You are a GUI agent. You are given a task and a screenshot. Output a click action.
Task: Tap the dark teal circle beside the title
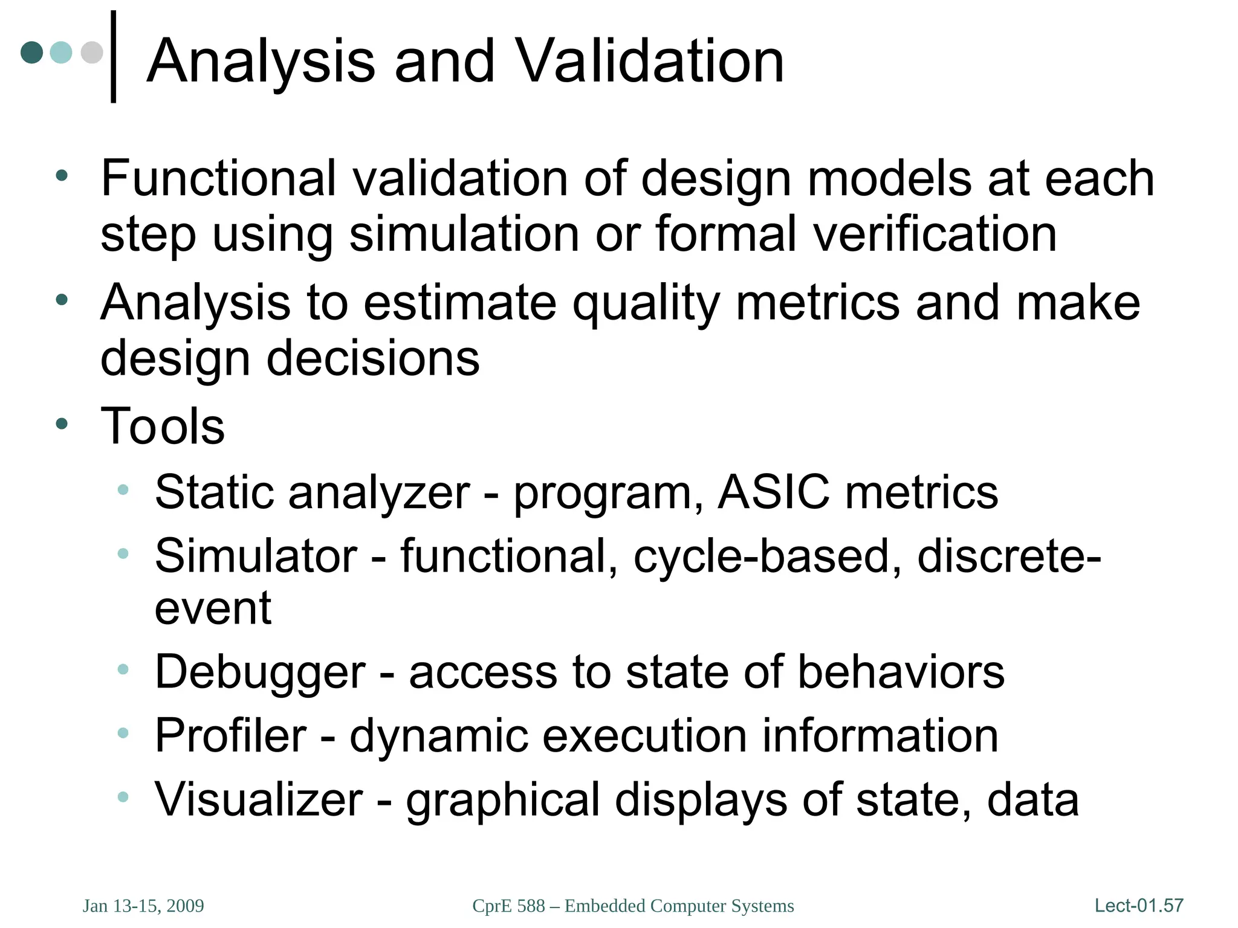(32, 52)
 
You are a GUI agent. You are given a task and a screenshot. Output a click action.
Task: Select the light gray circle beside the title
(92, 52)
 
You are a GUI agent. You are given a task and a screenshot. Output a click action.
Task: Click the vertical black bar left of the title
(113, 57)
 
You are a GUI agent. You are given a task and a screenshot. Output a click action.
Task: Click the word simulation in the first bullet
(464, 234)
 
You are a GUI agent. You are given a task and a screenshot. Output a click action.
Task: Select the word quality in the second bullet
(646, 303)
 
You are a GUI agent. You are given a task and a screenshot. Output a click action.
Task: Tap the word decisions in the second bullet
(373, 358)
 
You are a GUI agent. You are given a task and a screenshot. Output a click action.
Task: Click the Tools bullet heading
(163, 426)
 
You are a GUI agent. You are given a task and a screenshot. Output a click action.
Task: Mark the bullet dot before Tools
(62, 424)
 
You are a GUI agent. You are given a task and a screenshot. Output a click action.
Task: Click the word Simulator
(256, 556)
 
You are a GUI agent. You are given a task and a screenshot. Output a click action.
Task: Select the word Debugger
(260, 672)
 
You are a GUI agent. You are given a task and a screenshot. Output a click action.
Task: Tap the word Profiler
(230, 736)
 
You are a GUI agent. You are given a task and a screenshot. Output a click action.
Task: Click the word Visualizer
(259, 800)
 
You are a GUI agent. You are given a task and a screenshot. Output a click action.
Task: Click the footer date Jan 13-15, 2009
(143, 906)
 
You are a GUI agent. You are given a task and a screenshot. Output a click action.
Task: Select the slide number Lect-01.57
(1139, 905)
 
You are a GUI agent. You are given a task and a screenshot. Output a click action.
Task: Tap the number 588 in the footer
(531, 906)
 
